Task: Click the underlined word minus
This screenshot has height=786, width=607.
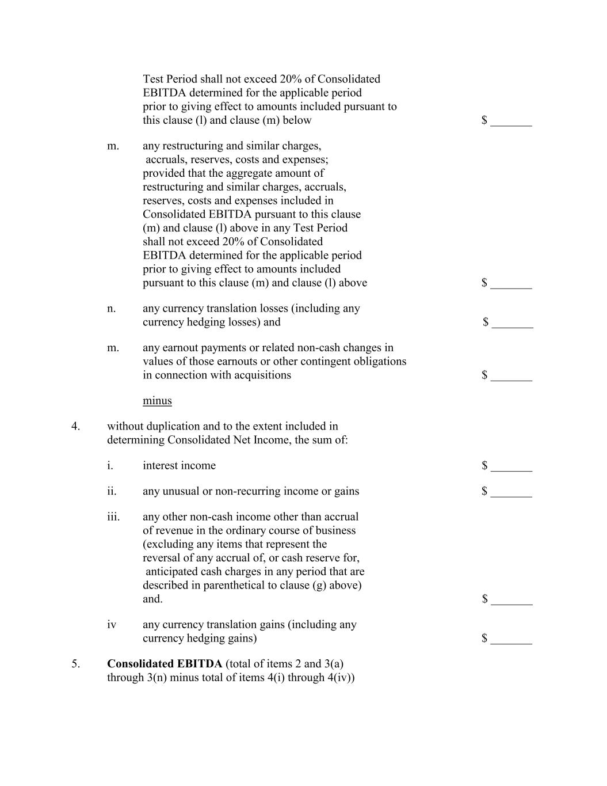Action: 157,401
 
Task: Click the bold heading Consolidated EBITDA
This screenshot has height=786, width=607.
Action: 165,664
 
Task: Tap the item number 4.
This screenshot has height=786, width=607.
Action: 75,426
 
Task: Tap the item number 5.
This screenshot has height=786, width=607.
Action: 76,664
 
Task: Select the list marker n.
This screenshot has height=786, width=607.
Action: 111,309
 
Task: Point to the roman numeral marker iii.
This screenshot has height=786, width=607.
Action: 113,517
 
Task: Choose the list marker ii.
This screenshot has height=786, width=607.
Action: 112,491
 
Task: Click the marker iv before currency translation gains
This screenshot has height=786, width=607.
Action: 112,625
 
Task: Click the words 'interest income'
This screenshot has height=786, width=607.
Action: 179,466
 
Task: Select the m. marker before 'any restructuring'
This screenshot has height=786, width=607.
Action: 113,146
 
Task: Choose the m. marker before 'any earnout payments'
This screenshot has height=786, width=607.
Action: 113,348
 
